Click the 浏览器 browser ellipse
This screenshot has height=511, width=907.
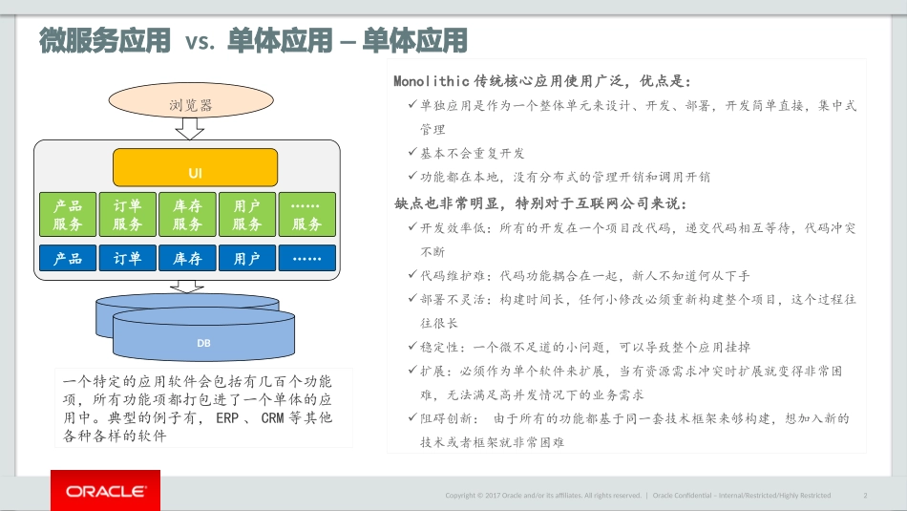(x=191, y=100)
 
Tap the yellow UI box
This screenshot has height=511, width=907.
(x=195, y=167)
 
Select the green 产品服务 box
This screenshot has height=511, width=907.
(x=68, y=214)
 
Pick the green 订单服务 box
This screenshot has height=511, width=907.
(x=128, y=214)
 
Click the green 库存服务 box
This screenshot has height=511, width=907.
(x=187, y=214)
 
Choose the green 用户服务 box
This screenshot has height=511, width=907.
(x=247, y=214)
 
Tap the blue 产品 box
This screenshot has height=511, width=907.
(x=68, y=258)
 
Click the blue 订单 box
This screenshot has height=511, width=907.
(x=128, y=258)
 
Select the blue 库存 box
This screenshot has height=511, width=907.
(x=187, y=258)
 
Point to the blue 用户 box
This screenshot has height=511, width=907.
(x=247, y=258)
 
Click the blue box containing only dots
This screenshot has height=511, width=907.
(x=307, y=258)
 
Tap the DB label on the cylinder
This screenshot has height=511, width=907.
(x=203, y=343)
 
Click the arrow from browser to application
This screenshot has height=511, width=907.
(x=190, y=129)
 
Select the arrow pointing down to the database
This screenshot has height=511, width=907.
(x=187, y=287)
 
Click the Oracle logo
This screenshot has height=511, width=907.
(x=105, y=491)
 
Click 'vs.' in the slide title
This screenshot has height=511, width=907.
(x=200, y=42)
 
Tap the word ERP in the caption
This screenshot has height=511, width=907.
(x=227, y=417)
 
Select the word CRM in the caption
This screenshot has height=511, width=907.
(x=272, y=417)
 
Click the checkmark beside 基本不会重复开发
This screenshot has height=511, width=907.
(x=412, y=152)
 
